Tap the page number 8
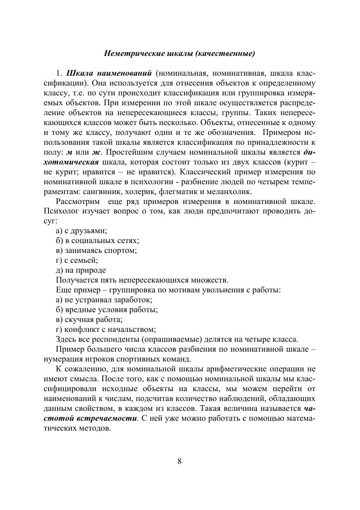point(180,461)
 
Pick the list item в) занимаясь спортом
point(96,250)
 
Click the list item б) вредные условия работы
point(107,310)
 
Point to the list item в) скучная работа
point(89,320)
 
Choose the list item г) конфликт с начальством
point(106,329)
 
